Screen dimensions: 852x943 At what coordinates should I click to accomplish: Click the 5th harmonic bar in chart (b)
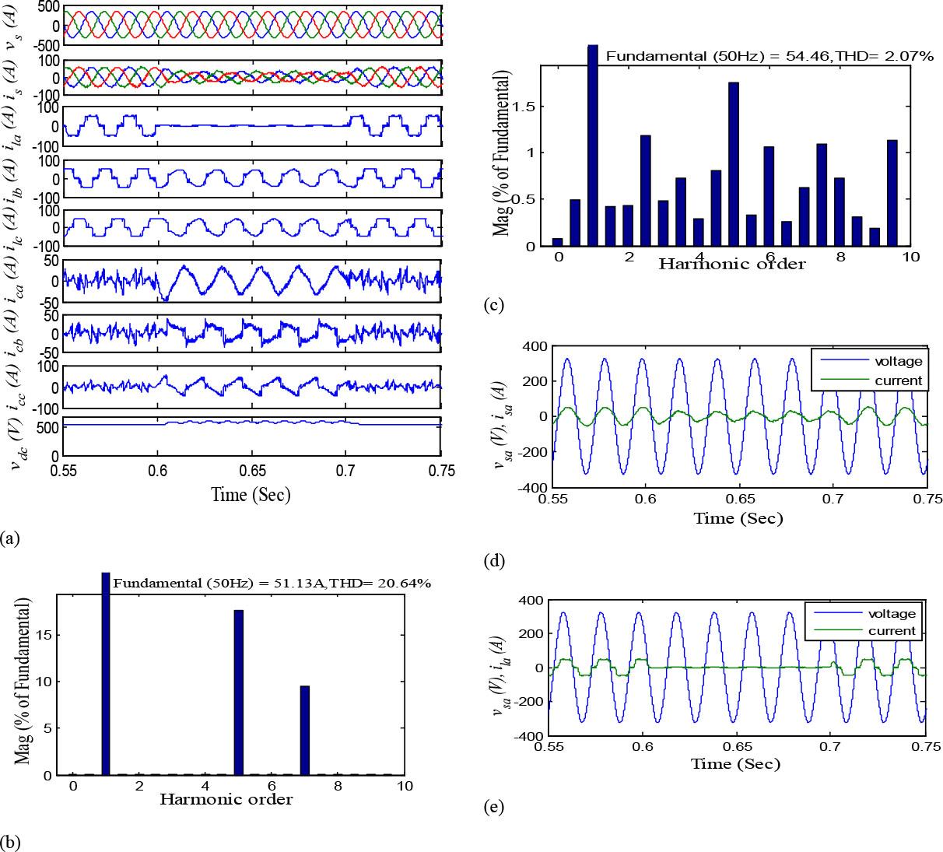[x=238, y=692]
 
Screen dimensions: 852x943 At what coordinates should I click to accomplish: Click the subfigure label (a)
[x=11, y=538]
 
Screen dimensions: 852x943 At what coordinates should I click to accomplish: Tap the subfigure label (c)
[x=492, y=305]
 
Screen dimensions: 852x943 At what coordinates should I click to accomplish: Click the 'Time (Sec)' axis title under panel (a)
[x=251, y=494]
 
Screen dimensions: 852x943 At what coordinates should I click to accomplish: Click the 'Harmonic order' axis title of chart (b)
[x=226, y=799]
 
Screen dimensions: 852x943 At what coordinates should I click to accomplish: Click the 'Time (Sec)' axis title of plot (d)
[x=738, y=518]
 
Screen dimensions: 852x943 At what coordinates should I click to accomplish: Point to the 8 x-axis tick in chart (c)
[x=839, y=256]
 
